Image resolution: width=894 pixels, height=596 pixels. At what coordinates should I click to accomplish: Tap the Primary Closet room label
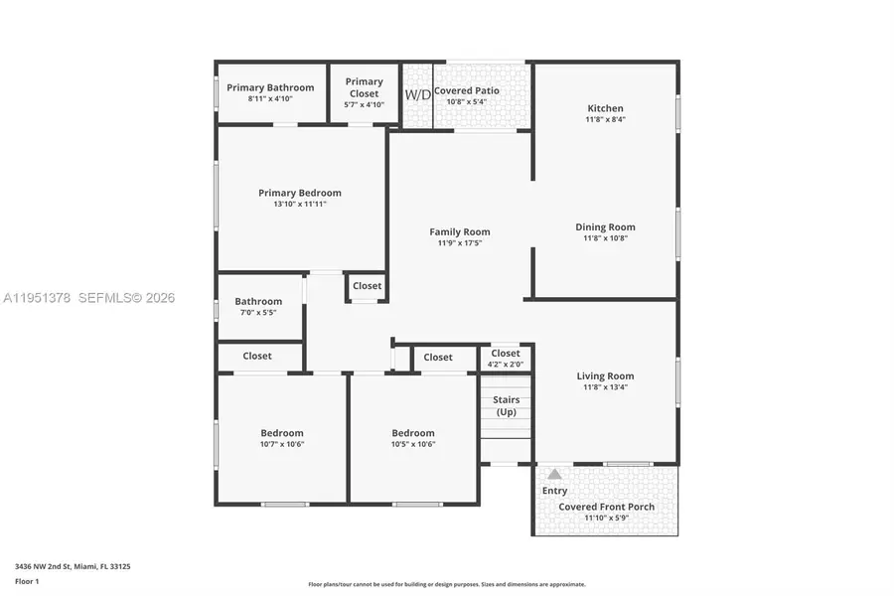[x=364, y=87]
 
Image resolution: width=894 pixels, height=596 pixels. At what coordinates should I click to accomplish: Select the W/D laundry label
[x=416, y=95]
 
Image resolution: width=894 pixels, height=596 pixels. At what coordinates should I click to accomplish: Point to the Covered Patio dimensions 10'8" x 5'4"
[x=466, y=101]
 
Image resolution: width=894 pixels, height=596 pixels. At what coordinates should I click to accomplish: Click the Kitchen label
[x=605, y=108]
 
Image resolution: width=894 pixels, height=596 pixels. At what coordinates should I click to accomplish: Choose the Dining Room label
[x=605, y=227]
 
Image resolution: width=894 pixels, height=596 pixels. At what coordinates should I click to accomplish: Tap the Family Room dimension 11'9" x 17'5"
[x=459, y=243]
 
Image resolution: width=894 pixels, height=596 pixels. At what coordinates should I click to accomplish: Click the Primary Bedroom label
[x=299, y=193]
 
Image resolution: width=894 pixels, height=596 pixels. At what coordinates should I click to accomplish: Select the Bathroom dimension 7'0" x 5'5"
[x=258, y=313]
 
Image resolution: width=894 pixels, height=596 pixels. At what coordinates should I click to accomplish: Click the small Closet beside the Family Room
[x=367, y=286]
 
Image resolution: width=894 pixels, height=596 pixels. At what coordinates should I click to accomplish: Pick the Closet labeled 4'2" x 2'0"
[x=505, y=358]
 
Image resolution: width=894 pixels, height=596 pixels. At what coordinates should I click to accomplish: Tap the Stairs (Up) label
[x=507, y=405]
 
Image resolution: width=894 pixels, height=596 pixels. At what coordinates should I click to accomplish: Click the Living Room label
[x=605, y=375]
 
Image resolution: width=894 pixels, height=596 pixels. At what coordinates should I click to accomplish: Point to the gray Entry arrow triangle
[x=554, y=474]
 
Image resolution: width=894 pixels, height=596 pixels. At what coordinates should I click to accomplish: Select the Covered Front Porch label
[x=606, y=507]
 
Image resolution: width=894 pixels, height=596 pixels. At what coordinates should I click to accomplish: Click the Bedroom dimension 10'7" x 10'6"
[x=282, y=444]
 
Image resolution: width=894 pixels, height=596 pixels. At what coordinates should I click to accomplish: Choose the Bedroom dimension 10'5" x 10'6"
[x=413, y=444]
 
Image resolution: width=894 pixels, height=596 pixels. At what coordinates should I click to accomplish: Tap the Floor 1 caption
[x=27, y=581]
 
